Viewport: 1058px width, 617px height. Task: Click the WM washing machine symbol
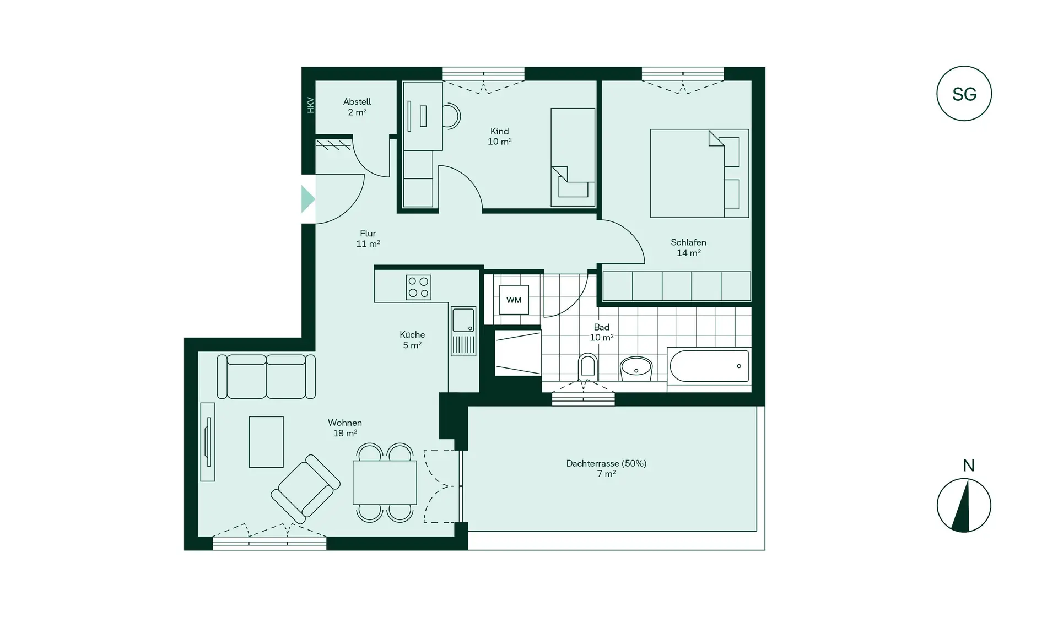click(x=514, y=300)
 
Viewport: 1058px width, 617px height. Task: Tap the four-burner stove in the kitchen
click(x=418, y=287)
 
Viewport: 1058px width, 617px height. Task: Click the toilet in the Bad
click(x=588, y=366)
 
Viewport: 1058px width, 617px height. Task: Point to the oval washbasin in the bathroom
click(x=636, y=367)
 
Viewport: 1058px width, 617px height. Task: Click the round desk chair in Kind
click(x=451, y=116)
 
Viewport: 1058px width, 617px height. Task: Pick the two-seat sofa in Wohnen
click(x=266, y=376)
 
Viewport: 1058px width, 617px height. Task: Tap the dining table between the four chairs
click(x=385, y=483)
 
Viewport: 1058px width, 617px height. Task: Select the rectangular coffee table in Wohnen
click(x=266, y=442)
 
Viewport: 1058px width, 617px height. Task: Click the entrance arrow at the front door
click(x=307, y=199)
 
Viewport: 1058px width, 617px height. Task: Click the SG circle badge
click(x=964, y=94)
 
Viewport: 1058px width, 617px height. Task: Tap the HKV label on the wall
click(x=310, y=105)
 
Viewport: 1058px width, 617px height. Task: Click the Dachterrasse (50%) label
click(x=606, y=464)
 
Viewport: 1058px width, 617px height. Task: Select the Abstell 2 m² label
click(x=357, y=106)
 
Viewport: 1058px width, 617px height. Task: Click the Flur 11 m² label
click(x=368, y=239)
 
